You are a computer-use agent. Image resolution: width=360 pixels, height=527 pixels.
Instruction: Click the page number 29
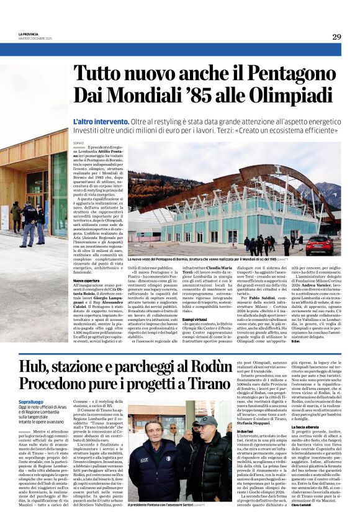(x=336, y=37)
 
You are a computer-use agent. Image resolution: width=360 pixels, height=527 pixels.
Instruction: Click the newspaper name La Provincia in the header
(x=29, y=34)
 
